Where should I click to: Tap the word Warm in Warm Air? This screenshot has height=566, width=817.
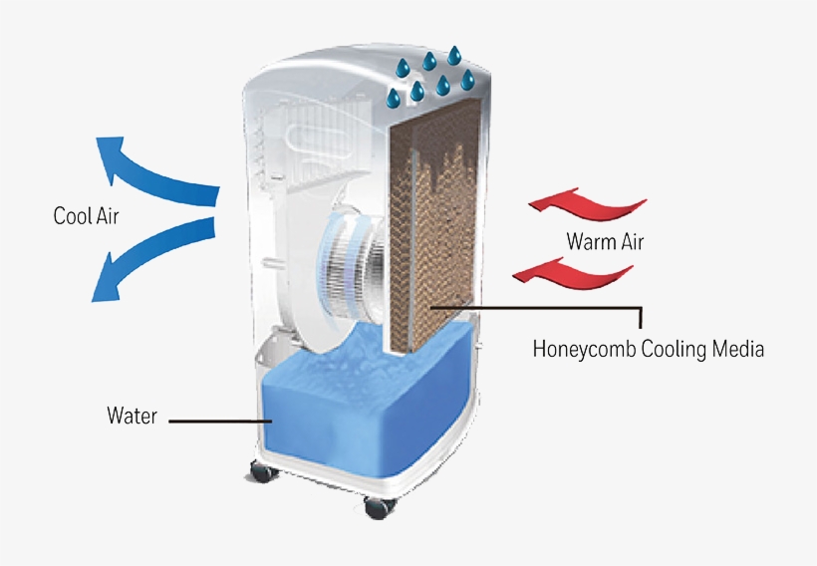point(589,241)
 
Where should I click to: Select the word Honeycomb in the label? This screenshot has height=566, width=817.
point(584,349)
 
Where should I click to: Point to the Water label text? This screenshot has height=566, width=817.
point(132,416)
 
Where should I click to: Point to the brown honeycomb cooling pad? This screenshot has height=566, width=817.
point(433,229)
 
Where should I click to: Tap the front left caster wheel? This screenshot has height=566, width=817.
point(263,471)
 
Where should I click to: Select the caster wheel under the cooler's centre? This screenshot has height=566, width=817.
point(380,507)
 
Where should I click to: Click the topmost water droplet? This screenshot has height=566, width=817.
point(455,55)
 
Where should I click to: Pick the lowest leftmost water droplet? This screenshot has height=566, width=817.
point(394,98)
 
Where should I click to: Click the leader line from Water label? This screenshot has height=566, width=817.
point(220,421)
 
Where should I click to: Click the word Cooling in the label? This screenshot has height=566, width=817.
point(674,349)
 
